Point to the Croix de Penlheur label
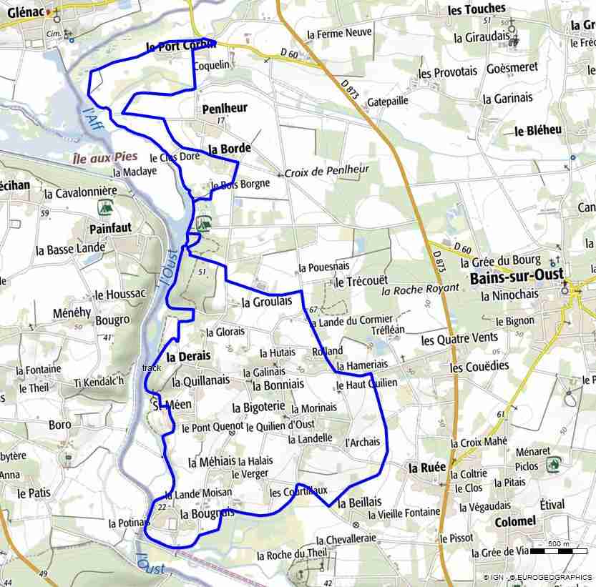(327, 171)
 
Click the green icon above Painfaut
(104, 207)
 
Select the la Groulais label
(267, 302)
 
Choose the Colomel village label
(514, 522)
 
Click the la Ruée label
(426, 468)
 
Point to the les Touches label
(476, 9)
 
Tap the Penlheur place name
(225, 109)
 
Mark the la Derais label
(189, 356)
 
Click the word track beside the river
(152, 368)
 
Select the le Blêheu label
(538, 130)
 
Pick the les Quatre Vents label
(459, 339)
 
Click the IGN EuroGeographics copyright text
(537, 577)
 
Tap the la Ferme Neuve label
(339, 34)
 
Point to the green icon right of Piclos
(553, 464)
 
